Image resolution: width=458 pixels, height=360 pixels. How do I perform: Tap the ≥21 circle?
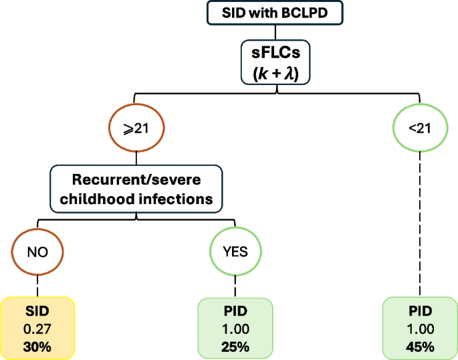pyautogui.click(x=136, y=128)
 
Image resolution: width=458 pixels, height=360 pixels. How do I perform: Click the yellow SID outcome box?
pyautogui.click(x=37, y=328)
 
